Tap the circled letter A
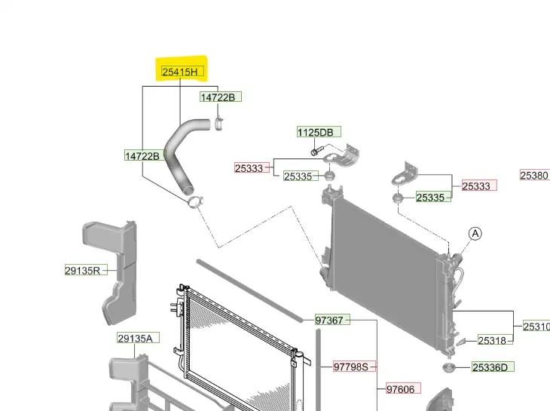pos(475,235)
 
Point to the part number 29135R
pos(82,269)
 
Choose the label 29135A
pos(135,338)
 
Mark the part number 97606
pos(400,389)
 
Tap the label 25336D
pos(493,367)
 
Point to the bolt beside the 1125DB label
pos(314,152)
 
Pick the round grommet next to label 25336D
pos(448,369)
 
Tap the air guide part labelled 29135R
pos(113,264)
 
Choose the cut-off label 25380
pos(535,176)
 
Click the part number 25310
pos(536,327)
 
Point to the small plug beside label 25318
pos(460,342)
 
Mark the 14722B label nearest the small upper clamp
pos(220,97)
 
